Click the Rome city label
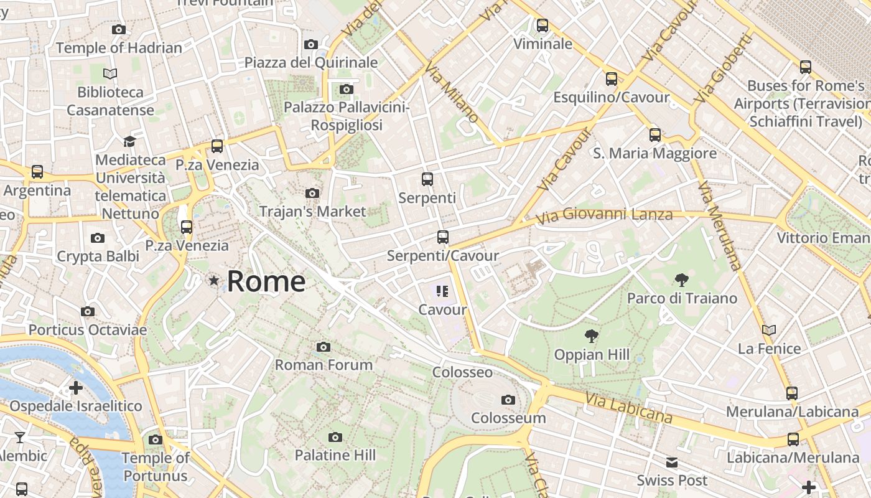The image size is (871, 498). pyautogui.click(x=266, y=281)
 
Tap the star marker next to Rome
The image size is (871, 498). pyautogui.click(x=214, y=281)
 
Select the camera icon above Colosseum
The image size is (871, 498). pyautogui.click(x=508, y=400)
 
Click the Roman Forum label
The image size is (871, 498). pyautogui.click(x=324, y=364)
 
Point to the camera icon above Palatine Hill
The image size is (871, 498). pyautogui.click(x=335, y=437)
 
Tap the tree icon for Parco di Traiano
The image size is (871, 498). pyautogui.click(x=682, y=280)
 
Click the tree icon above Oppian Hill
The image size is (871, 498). pyautogui.click(x=591, y=337)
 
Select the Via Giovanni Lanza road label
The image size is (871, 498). pyautogui.click(x=604, y=215)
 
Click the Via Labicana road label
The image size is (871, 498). pyautogui.click(x=629, y=405)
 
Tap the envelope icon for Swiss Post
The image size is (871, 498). pyautogui.click(x=672, y=462)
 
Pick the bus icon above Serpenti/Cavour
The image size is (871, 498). pyautogui.click(x=443, y=237)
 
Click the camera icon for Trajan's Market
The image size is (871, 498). pyautogui.click(x=312, y=193)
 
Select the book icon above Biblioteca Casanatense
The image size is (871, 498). pyautogui.click(x=110, y=73)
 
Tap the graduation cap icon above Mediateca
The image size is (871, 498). pyautogui.click(x=129, y=141)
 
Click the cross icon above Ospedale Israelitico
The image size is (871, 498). pyautogui.click(x=76, y=388)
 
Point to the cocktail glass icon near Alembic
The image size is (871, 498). pyautogui.click(x=20, y=437)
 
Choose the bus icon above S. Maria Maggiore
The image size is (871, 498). pyautogui.click(x=654, y=134)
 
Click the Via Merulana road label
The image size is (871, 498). pyautogui.click(x=719, y=225)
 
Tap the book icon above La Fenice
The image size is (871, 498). pyautogui.click(x=769, y=330)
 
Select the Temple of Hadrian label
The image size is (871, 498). pyautogui.click(x=119, y=47)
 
